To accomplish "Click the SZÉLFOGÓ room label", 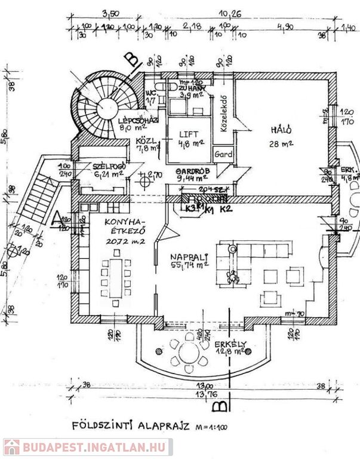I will (99, 165).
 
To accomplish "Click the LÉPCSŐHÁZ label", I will (137, 119).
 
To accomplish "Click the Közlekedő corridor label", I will (225, 114).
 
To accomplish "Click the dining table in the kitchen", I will (113, 277).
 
